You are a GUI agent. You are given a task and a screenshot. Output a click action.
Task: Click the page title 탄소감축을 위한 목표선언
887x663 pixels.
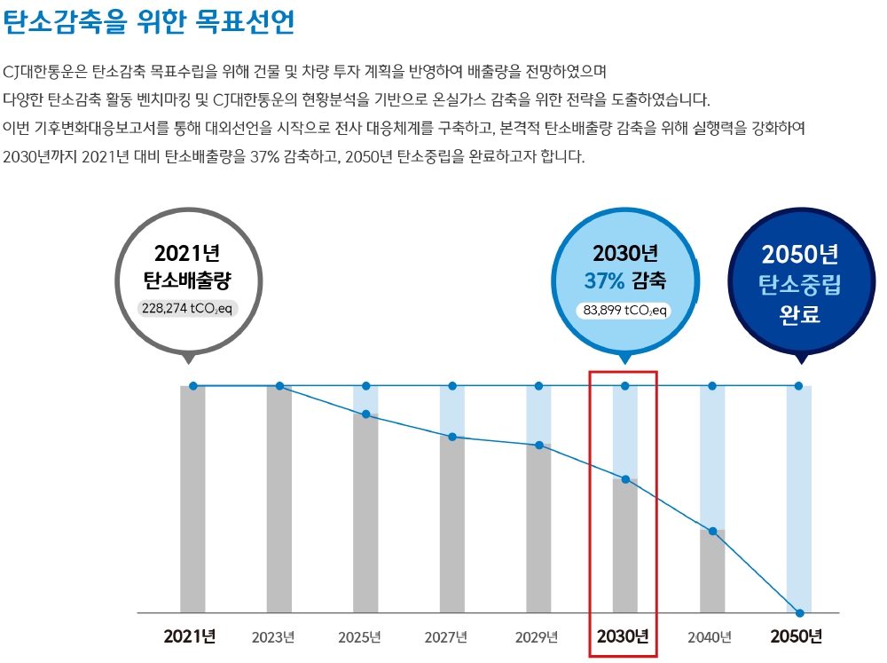pos(149,23)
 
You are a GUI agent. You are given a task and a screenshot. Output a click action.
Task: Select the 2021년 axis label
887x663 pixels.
pos(190,636)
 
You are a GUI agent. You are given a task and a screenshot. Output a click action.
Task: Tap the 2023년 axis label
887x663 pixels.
pos(273,637)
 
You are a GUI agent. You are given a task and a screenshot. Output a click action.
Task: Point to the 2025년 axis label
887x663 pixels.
pos(359,637)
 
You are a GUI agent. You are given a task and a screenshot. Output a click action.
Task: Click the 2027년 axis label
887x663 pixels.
pos(446,637)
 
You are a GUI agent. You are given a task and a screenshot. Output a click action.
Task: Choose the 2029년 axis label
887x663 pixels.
pos(537,637)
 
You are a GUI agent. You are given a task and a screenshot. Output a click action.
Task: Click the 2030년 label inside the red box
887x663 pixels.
pos(623,636)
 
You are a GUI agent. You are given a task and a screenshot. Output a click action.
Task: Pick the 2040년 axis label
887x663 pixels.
pos(710,637)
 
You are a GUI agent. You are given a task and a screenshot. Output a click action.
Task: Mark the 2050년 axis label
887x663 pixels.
pos(797,636)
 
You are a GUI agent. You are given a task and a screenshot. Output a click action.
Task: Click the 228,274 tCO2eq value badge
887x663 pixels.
pos(188,308)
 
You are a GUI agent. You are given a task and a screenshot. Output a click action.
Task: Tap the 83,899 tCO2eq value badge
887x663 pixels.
pos(624,311)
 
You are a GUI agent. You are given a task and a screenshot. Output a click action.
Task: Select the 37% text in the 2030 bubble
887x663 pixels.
pos(605,281)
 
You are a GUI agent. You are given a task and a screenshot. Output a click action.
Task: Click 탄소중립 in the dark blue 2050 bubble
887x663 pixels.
pos(799,286)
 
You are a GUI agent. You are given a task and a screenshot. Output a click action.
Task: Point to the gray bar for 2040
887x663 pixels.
pos(712,572)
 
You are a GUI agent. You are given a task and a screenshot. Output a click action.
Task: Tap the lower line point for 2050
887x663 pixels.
pos(800,613)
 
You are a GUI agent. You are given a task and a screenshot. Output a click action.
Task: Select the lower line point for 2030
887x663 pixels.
pos(625,479)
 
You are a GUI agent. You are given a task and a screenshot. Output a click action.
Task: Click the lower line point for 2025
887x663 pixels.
pos(365,414)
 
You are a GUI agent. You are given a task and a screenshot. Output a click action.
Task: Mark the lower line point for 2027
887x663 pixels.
pos(452,437)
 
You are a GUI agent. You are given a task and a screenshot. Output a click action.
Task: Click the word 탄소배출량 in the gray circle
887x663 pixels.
pos(187,280)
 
